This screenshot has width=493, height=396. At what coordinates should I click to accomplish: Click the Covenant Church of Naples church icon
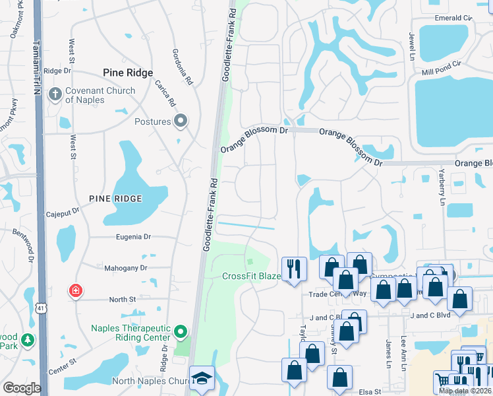pyautogui.click(x=55, y=95)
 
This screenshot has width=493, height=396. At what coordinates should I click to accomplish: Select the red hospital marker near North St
pyautogui.click(x=76, y=290)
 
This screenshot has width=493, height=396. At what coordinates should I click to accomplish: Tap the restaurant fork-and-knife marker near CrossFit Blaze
pyautogui.click(x=294, y=269)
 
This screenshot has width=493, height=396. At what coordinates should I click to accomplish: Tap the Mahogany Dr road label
pyautogui.click(x=125, y=268)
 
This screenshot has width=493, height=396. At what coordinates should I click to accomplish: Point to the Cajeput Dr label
pyautogui.click(x=63, y=213)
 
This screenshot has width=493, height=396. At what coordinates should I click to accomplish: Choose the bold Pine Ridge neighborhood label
pyautogui.click(x=128, y=73)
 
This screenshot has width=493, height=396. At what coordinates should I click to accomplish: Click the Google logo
pyautogui.click(x=22, y=388)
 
